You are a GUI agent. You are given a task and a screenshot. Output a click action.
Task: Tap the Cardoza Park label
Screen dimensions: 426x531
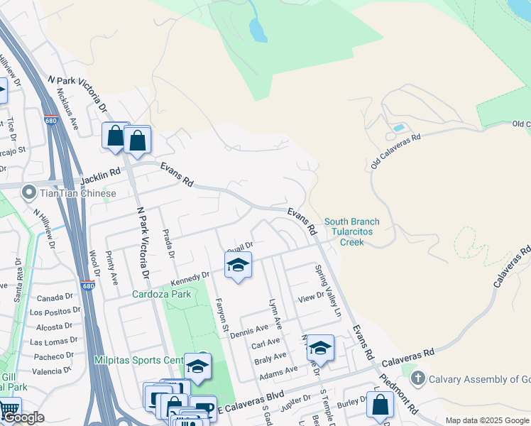point(161,294)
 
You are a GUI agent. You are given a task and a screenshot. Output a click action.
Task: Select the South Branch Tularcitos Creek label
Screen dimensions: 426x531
point(351,232)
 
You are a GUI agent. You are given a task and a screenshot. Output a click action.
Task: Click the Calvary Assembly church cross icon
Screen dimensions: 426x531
point(417,379)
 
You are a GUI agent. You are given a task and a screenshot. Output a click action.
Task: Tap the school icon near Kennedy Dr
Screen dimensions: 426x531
point(238,266)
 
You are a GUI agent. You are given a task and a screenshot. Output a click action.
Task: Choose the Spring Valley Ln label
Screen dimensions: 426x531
point(328,291)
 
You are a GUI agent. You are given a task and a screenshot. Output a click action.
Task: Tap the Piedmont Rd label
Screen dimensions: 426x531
point(398,393)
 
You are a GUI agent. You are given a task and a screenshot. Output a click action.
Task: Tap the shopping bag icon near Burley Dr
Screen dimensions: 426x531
point(380,404)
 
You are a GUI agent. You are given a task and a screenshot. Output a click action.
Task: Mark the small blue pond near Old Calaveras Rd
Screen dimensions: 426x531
point(398,129)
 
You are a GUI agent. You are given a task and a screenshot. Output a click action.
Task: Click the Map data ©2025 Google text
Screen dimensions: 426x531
point(486,420)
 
